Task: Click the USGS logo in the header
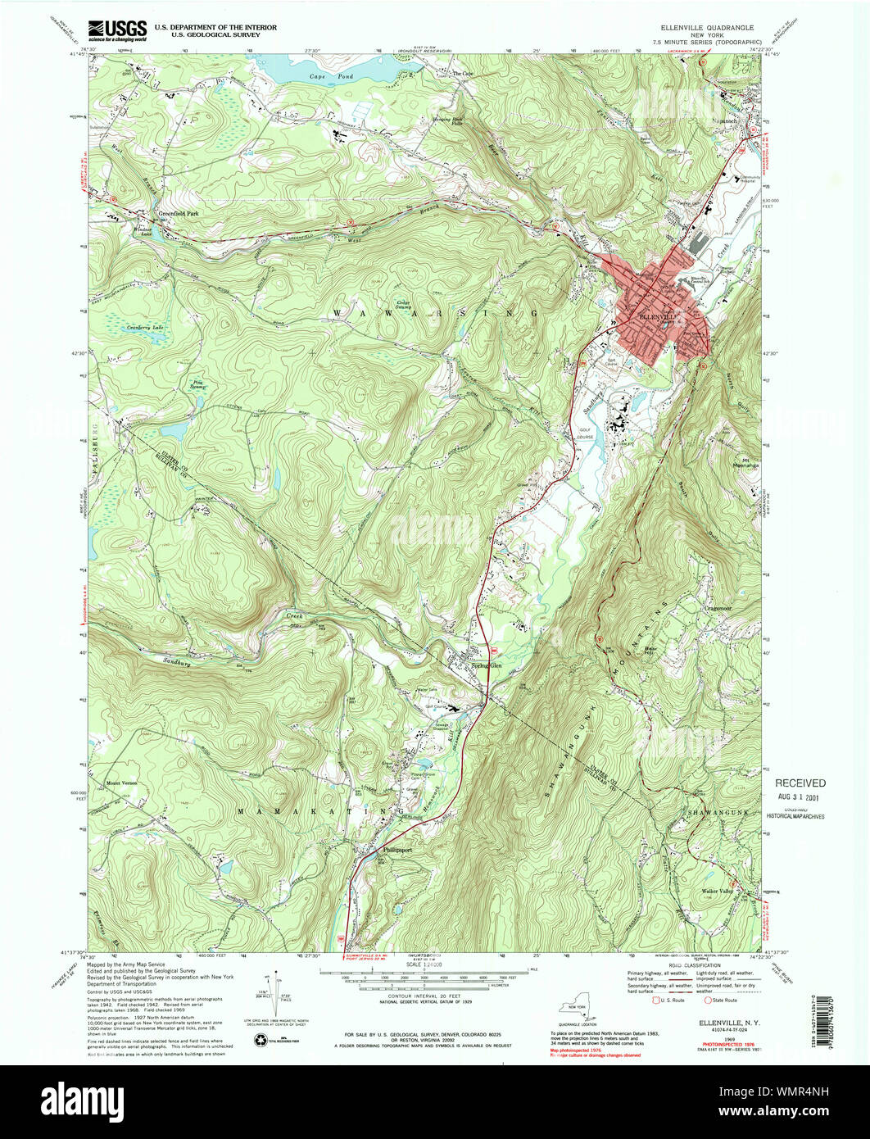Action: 118,29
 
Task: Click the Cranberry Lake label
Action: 146,327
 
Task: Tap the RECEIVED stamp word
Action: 800,783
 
